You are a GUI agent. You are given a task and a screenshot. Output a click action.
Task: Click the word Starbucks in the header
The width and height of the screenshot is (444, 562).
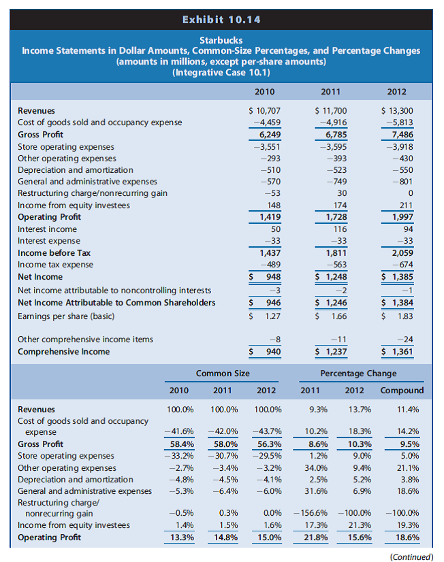tap(222, 40)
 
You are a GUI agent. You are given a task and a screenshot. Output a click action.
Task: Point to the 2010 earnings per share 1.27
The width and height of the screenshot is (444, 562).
tap(270, 316)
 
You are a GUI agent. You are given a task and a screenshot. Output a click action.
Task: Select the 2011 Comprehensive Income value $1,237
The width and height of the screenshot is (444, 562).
tap(330, 351)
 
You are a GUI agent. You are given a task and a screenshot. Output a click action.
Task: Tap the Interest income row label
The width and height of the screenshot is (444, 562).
tap(42, 229)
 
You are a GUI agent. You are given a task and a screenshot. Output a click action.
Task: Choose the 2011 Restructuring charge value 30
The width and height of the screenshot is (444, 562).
tap(343, 193)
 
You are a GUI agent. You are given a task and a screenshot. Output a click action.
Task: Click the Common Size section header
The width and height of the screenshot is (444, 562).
tap(223, 374)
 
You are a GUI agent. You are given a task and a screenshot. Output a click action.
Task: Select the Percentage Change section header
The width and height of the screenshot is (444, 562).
tap(358, 374)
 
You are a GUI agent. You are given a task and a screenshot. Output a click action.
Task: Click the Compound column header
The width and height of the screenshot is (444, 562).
tap(402, 391)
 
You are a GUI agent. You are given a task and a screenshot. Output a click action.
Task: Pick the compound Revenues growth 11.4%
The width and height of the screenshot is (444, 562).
tap(407, 410)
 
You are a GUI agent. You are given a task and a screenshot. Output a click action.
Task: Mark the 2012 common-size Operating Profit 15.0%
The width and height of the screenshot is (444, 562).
tap(270, 538)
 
